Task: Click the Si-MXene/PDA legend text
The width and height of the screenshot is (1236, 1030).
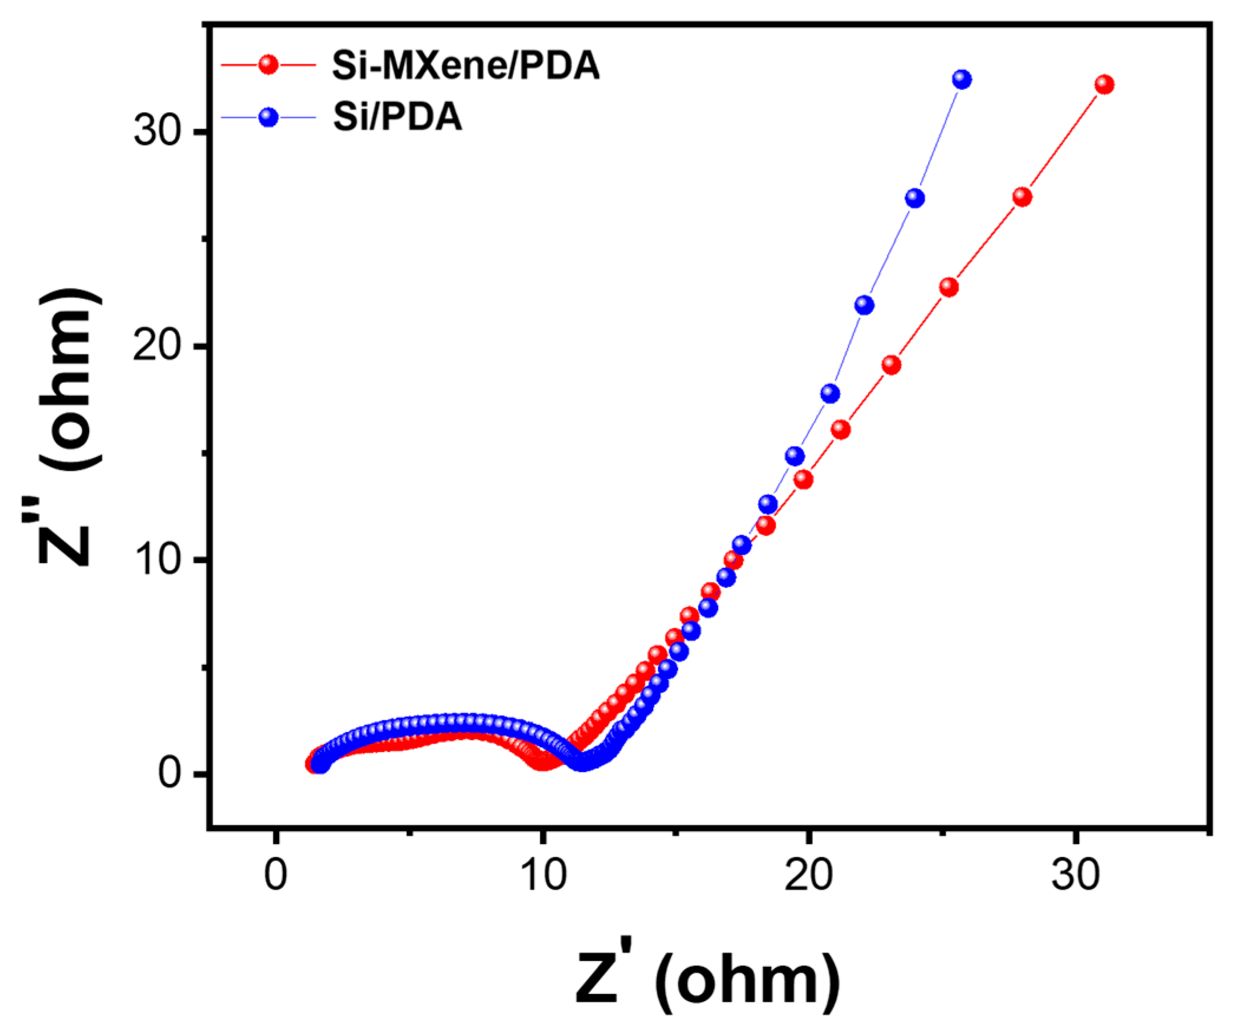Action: (465, 65)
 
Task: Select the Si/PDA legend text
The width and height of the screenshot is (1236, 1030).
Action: (397, 117)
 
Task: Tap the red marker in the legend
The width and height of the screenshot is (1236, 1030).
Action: (268, 64)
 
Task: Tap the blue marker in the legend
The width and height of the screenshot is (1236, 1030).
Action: (268, 117)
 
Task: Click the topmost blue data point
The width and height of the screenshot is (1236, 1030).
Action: (962, 79)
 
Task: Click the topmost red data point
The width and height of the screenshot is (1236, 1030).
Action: (1104, 85)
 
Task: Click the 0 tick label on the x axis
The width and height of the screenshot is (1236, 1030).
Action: (276, 875)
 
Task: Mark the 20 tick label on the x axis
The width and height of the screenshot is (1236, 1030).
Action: (808, 875)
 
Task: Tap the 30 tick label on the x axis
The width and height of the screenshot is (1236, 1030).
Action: (1075, 875)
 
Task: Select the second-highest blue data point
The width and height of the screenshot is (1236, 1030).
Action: (914, 198)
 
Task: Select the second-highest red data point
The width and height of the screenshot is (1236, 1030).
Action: (1022, 197)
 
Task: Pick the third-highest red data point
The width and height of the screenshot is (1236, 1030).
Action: (949, 287)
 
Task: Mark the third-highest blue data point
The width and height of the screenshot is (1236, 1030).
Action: (864, 305)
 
